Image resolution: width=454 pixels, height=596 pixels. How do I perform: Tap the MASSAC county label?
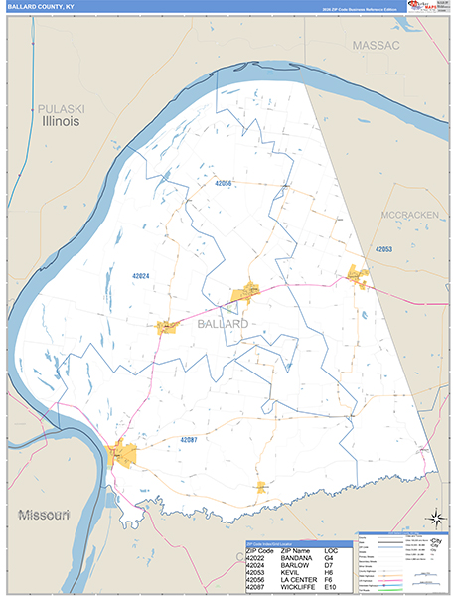coord(376,46)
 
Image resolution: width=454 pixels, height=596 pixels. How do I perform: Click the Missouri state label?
coord(43,515)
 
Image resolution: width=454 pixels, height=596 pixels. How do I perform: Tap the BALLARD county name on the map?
coord(223,324)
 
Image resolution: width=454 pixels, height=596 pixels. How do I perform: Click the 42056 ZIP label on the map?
coord(223,184)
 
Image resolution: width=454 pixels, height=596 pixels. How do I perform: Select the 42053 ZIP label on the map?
coord(384,248)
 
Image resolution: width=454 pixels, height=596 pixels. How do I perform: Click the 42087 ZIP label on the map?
coord(195,438)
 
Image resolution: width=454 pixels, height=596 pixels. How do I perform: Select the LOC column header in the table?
coord(343,549)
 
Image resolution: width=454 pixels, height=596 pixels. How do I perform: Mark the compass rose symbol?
coord(434,518)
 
